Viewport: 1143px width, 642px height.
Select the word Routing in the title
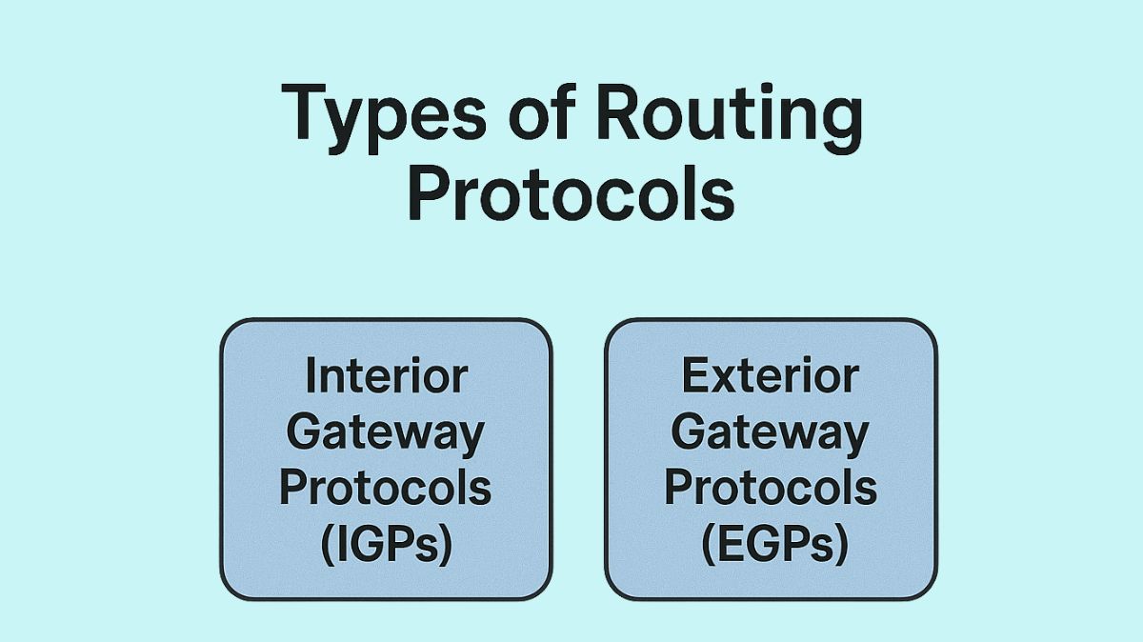[x=729, y=114]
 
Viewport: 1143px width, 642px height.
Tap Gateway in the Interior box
[x=386, y=432]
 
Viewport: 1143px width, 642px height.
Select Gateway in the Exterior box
[x=771, y=432]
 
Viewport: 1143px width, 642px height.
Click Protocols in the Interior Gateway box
[x=386, y=488]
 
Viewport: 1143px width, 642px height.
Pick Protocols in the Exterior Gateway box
[x=771, y=488]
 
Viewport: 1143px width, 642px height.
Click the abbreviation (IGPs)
[x=386, y=545]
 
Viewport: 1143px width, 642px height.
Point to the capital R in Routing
[x=619, y=112]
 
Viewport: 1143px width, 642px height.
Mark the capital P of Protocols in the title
[x=428, y=193]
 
